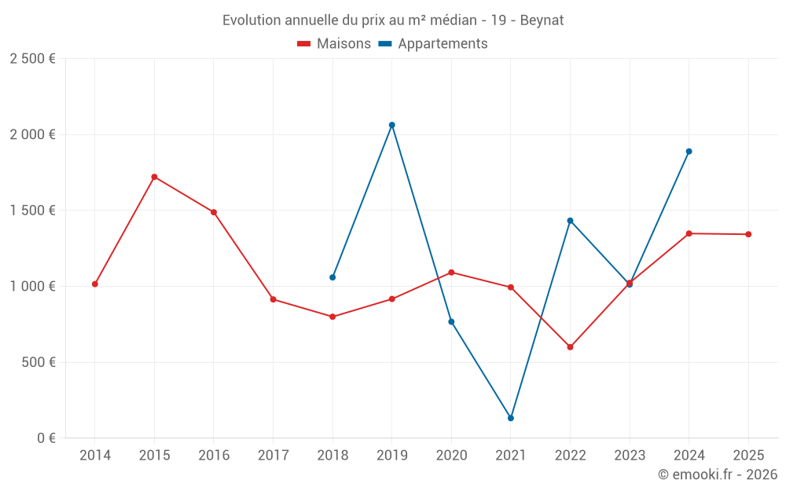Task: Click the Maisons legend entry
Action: pyautogui.click(x=334, y=44)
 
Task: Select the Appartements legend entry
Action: pyautogui.click(x=433, y=44)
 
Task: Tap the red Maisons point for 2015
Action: pyautogui.click(x=154, y=177)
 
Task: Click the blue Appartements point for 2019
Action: pyautogui.click(x=392, y=125)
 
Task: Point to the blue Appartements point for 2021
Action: pyautogui.click(x=511, y=418)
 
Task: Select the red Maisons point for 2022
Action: pyautogui.click(x=570, y=347)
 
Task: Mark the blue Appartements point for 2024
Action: pyautogui.click(x=689, y=152)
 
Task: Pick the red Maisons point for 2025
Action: pyautogui.click(x=748, y=234)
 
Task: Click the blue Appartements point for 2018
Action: pyautogui.click(x=332, y=277)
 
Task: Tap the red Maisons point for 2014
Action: pyautogui.click(x=95, y=284)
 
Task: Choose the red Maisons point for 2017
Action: pyautogui.click(x=273, y=299)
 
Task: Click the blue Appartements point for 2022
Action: pyautogui.click(x=570, y=221)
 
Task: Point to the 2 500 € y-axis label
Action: pyautogui.click(x=32, y=59)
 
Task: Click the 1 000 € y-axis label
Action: pyautogui.click(x=32, y=287)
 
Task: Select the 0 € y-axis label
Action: pyautogui.click(x=44, y=438)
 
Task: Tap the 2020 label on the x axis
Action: pyautogui.click(x=451, y=456)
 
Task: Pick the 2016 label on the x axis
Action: pyautogui.click(x=214, y=456)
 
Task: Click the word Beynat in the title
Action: pyautogui.click(x=542, y=20)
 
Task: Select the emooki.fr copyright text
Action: pyautogui.click(x=717, y=475)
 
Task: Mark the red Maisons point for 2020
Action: pyautogui.click(x=451, y=273)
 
